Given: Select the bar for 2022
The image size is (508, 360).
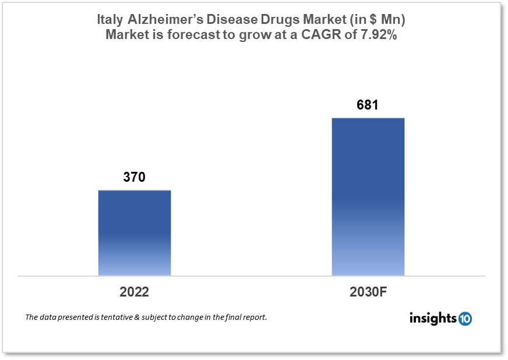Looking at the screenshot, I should point(134,232).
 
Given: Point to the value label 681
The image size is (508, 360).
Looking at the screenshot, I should point(368,105).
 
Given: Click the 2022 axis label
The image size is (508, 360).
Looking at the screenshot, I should point(134,292).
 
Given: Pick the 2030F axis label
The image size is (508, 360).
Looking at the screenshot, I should point(368,292).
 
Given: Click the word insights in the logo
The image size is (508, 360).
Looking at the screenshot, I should point(433,318).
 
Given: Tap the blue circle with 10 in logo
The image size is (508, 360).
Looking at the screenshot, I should point(465,319).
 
